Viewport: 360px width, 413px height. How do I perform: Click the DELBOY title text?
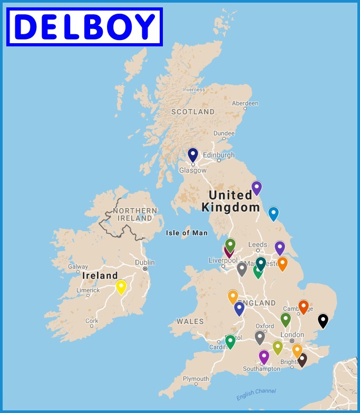(84, 27)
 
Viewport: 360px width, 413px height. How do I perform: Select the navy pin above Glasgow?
(193, 154)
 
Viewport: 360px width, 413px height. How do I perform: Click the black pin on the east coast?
(323, 320)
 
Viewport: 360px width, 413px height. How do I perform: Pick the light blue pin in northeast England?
(273, 213)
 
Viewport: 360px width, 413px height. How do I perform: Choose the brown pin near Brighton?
(302, 359)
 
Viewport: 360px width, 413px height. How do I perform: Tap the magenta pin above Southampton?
(264, 357)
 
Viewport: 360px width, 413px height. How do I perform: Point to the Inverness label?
(193, 90)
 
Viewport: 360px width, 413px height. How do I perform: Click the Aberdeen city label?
(245, 103)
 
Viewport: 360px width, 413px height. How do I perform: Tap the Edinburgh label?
(219, 155)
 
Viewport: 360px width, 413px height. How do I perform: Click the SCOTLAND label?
(193, 112)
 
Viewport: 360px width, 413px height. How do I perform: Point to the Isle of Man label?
(187, 233)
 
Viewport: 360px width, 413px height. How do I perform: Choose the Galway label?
(78, 267)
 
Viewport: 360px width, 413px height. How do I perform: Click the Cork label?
(92, 320)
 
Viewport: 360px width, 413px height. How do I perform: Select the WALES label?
(190, 321)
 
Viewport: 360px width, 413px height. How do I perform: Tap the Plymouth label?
(196, 379)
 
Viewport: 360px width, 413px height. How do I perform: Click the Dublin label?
(144, 262)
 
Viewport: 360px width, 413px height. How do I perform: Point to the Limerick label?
(88, 290)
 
